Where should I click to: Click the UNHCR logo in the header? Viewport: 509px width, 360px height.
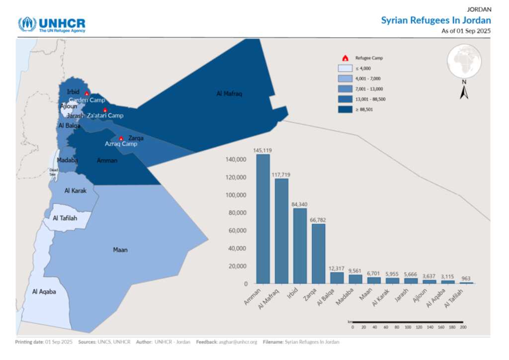pyautogui.click(x=51, y=24)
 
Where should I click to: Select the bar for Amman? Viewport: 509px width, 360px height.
pyautogui.click(x=263, y=219)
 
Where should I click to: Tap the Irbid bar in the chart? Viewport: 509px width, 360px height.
pyautogui.click(x=300, y=246)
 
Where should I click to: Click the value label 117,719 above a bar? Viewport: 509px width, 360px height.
pyautogui.click(x=281, y=175)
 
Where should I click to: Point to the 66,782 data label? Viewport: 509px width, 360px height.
pyautogui.click(x=318, y=220)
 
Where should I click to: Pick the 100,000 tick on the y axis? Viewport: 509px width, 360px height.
pyautogui.click(x=237, y=195)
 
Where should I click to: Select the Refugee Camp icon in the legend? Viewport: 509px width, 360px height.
pyautogui.click(x=345, y=58)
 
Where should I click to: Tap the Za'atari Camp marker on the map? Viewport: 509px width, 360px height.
pyautogui.click(x=105, y=110)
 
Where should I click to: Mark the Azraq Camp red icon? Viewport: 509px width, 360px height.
pyautogui.click(x=121, y=138)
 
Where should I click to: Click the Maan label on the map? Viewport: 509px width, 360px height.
pyautogui.click(x=120, y=250)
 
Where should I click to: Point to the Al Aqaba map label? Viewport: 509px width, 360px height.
pyautogui.click(x=44, y=292)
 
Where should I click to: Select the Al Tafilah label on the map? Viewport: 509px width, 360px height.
pyautogui.click(x=65, y=218)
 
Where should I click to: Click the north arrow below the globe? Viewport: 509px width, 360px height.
pyautogui.click(x=464, y=92)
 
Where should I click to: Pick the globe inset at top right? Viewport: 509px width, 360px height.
pyautogui.click(x=464, y=61)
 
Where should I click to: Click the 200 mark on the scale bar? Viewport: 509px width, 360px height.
pyautogui.click(x=463, y=327)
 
